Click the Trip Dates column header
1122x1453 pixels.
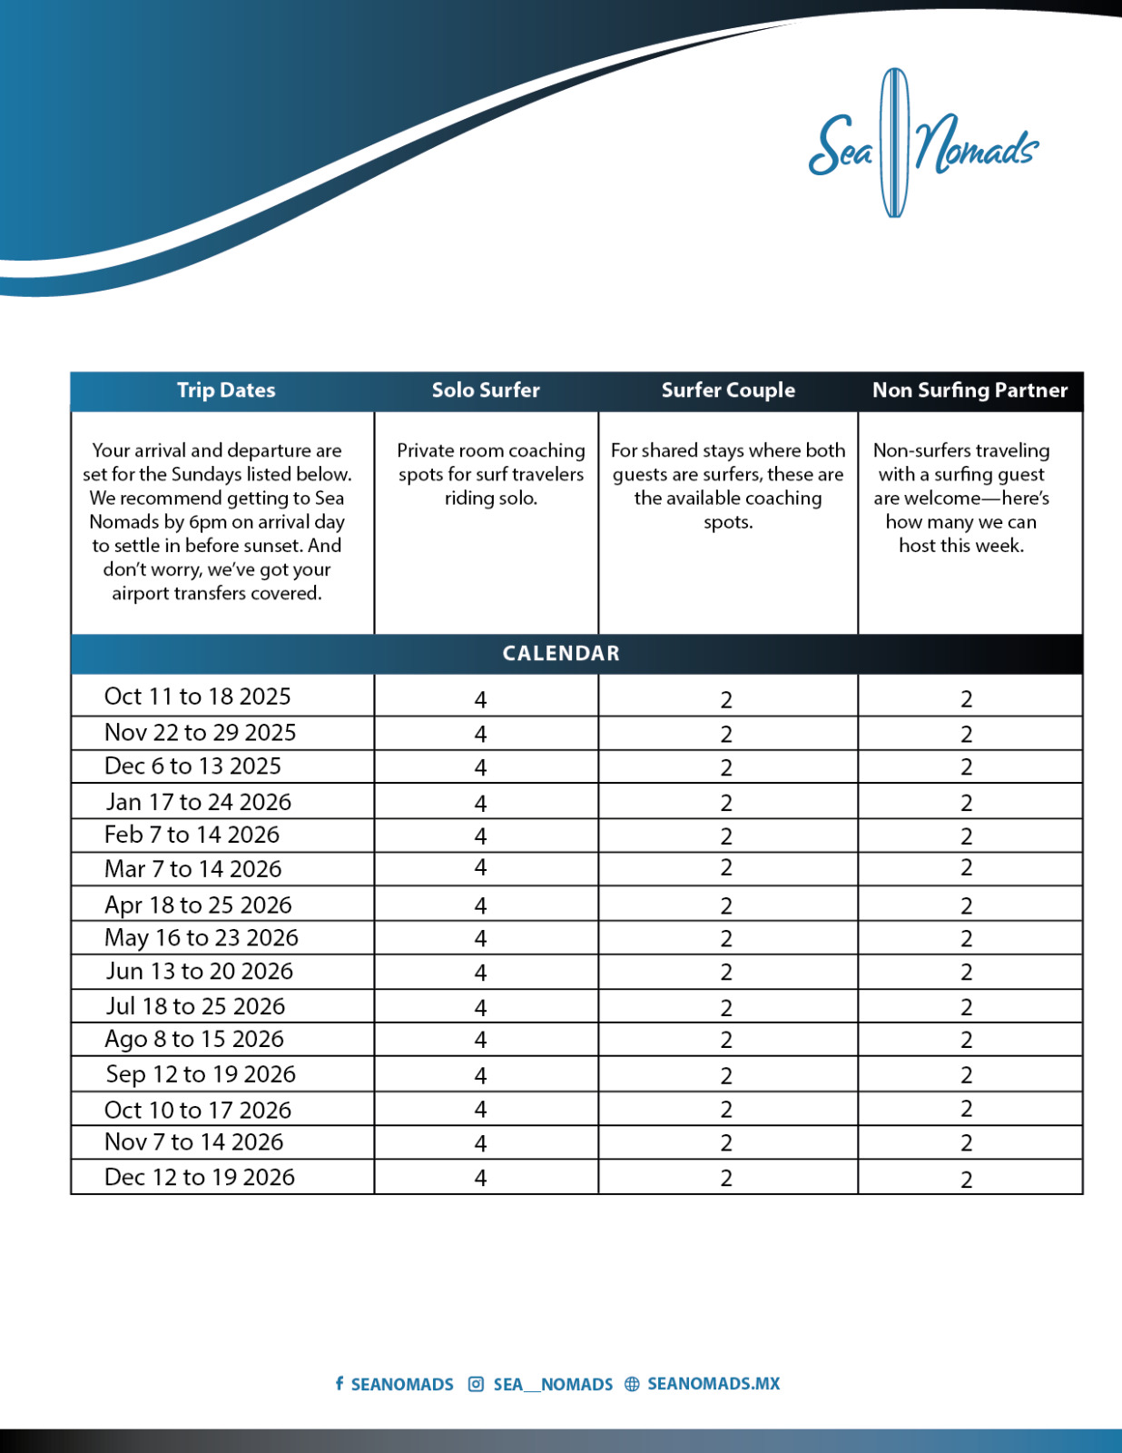pyautogui.click(x=226, y=390)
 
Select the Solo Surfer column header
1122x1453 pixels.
pyautogui.click(x=486, y=390)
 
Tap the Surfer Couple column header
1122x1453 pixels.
pyautogui.click(x=728, y=390)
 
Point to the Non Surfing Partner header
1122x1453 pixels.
pyautogui.click(x=969, y=390)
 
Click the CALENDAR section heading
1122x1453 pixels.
pyautogui.click(x=561, y=654)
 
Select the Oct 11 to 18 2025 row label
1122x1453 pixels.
pyautogui.click(x=198, y=697)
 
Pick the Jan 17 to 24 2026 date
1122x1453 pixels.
pyautogui.click(x=199, y=802)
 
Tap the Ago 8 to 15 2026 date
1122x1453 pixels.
pyautogui.click(x=194, y=1039)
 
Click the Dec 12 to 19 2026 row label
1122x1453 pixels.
pyautogui.click(x=200, y=1177)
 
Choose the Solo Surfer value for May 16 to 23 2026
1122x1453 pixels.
pyautogui.click(x=480, y=939)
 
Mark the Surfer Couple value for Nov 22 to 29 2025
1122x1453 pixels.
pyautogui.click(x=726, y=734)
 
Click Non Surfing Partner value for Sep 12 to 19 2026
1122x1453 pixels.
pyautogui.click(x=967, y=1075)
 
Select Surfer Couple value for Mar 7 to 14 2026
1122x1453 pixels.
pyautogui.click(x=726, y=868)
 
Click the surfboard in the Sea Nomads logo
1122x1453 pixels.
pyautogui.click(x=895, y=143)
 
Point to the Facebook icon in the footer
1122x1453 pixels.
pyautogui.click(x=340, y=1383)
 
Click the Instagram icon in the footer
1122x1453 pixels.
pyautogui.click(x=476, y=1384)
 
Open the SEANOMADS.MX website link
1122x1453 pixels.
pyautogui.click(x=714, y=1384)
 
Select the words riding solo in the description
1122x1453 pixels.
pyautogui.click(x=491, y=499)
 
